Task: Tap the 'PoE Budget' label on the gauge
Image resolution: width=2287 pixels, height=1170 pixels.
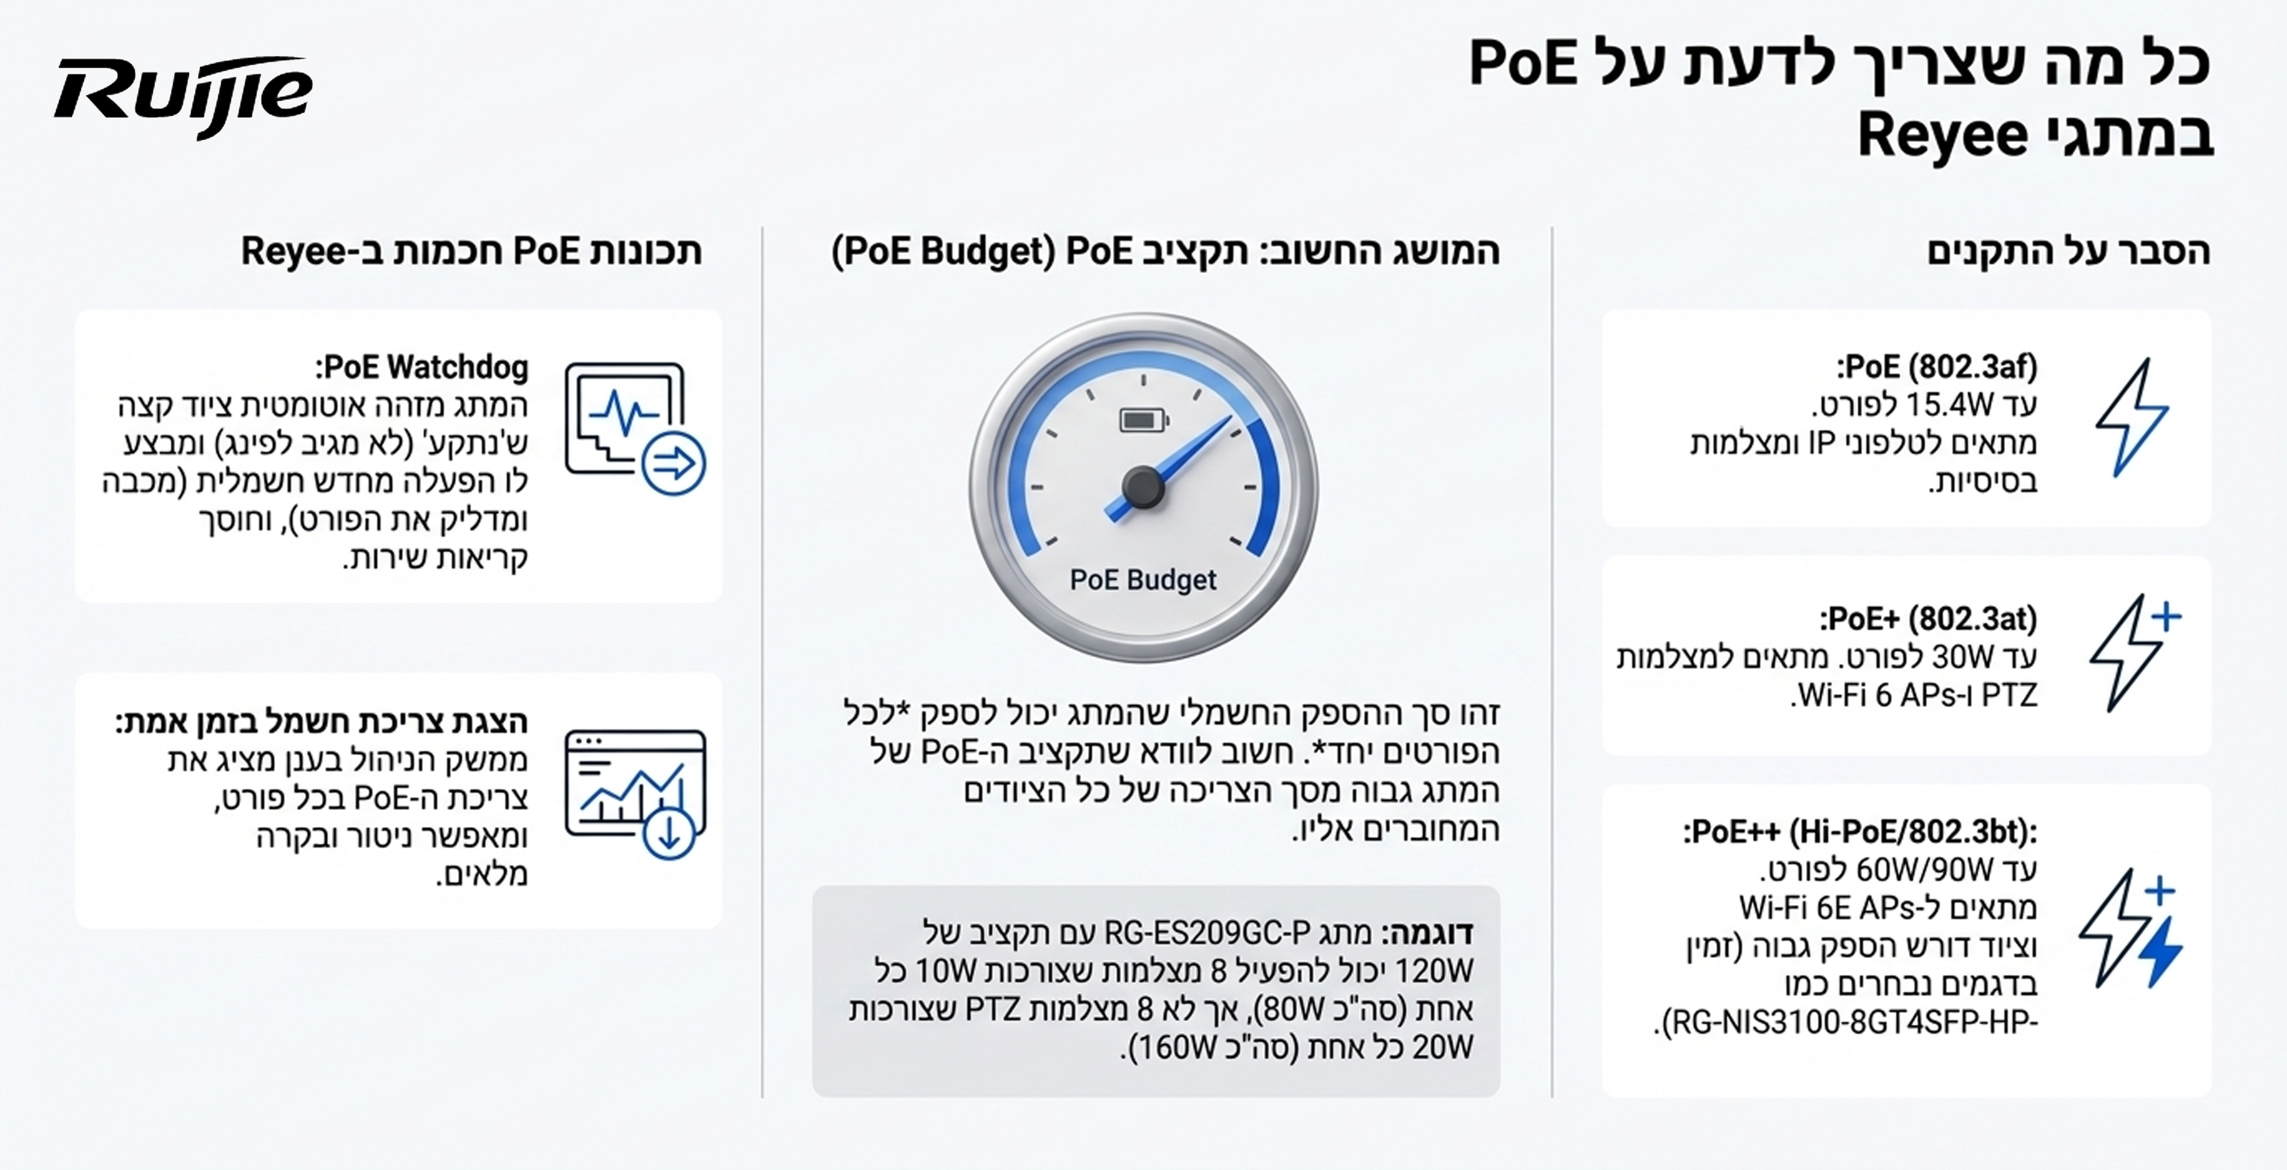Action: pyautogui.click(x=1143, y=580)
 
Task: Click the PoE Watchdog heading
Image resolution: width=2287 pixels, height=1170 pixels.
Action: pyautogui.click(x=422, y=367)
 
